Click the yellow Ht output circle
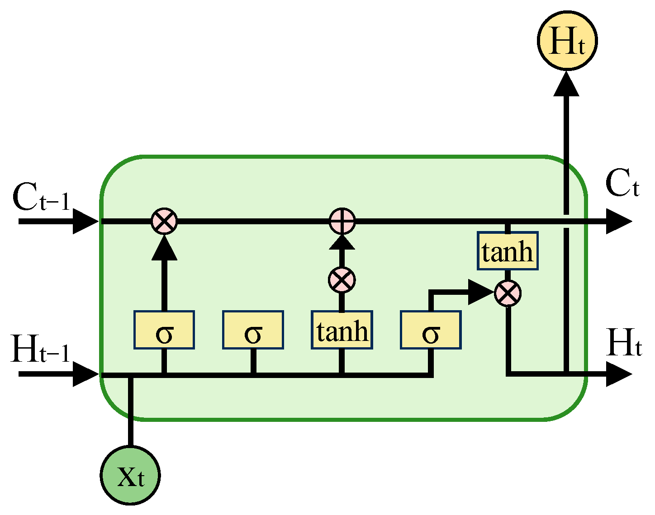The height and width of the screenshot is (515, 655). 567,41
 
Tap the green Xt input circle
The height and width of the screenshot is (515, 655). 130,475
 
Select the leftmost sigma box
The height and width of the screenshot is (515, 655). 164,330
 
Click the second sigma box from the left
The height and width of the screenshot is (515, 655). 253,330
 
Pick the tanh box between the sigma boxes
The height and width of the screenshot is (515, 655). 342,330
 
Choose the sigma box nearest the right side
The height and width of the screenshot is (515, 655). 431,330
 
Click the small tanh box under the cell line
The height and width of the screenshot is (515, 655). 508,251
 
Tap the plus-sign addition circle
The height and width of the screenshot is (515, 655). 342,222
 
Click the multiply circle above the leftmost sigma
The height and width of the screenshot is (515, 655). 164,222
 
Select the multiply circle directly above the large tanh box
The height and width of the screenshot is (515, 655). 342,279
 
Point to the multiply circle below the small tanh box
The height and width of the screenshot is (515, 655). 508,293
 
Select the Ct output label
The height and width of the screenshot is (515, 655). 622,184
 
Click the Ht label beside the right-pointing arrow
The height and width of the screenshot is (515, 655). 623,343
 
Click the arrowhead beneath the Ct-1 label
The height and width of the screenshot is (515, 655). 85,222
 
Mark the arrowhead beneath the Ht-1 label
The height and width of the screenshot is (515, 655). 85,374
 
